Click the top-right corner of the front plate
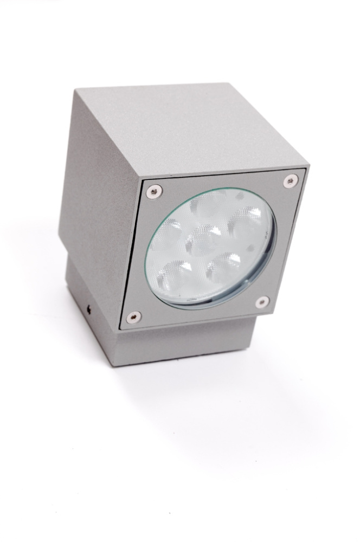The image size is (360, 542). click(306, 169)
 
